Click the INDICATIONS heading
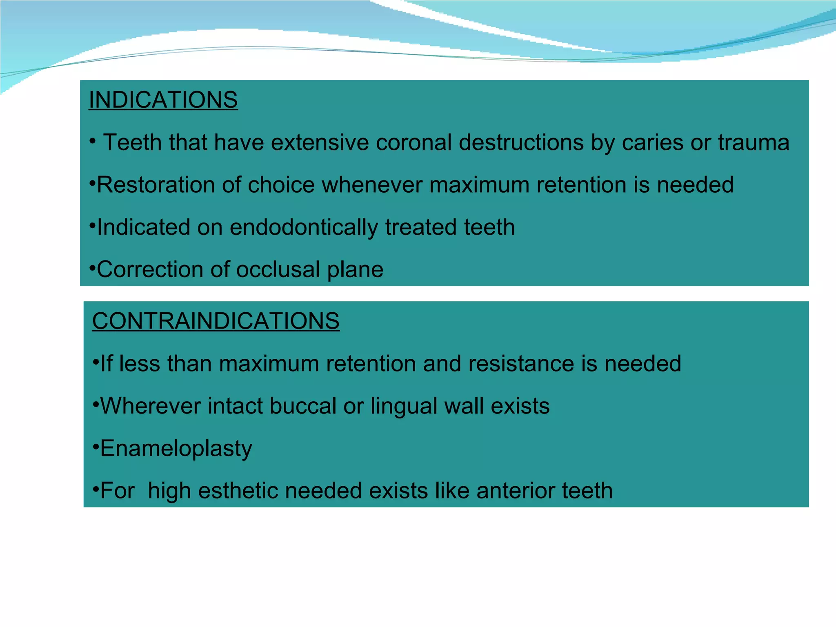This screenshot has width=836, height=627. coord(163,100)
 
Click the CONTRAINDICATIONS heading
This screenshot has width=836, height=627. coord(216,321)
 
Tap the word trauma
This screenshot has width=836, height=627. coord(754,143)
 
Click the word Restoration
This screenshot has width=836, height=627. coord(156,185)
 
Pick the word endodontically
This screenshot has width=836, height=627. coord(304,227)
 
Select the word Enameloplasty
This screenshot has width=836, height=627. coord(176,449)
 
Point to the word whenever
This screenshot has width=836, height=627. coord(371,185)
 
